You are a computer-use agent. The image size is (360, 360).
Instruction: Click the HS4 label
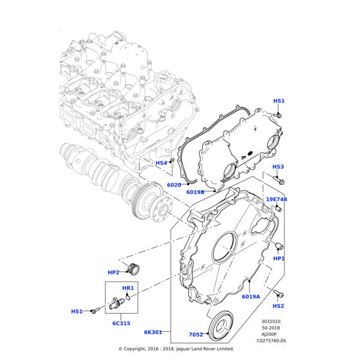(x=161, y=163)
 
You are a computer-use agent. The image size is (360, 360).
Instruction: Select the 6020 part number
(x=174, y=185)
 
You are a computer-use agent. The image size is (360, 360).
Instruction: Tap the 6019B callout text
(x=195, y=192)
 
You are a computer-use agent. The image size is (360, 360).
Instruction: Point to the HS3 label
(x=278, y=167)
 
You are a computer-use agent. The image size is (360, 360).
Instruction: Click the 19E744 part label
(x=277, y=199)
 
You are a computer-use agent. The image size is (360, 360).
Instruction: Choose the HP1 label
(x=279, y=258)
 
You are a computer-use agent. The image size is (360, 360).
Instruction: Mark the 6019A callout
(x=251, y=296)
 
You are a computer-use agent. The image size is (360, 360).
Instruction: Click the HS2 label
(x=278, y=306)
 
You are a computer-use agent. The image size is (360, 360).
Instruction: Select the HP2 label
(x=113, y=272)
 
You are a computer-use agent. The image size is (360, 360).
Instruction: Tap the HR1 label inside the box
(x=128, y=288)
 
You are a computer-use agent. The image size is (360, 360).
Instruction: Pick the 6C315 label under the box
(x=121, y=323)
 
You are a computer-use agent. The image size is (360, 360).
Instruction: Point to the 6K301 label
(x=153, y=332)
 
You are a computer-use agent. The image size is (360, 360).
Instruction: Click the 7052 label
(x=196, y=335)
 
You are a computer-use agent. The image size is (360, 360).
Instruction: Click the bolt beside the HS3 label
(x=281, y=179)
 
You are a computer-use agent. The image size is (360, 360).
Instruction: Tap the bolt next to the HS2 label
(x=278, y=293)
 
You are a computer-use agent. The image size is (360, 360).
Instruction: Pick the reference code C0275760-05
(x=271, y=341)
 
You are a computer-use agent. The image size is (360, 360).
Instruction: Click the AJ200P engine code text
(x=269, y=334)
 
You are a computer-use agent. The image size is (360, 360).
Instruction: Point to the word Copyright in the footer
(x=139, y=349)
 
